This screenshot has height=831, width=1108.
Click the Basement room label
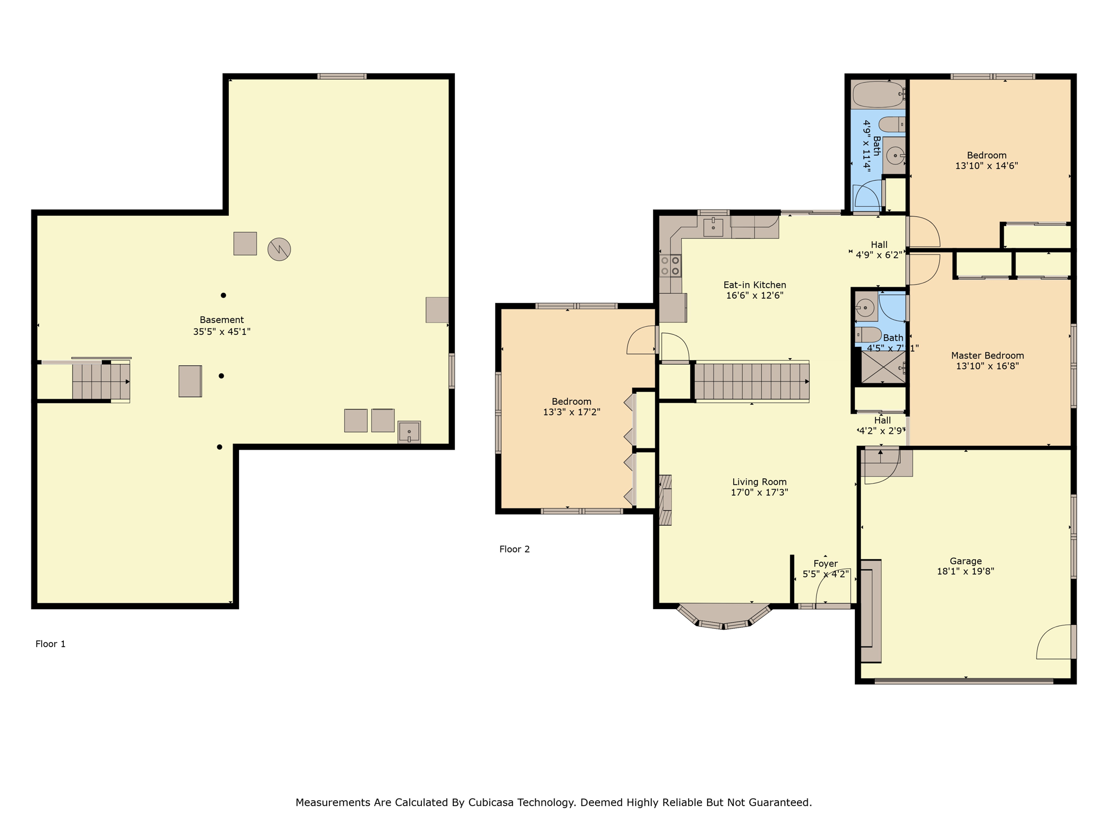222,320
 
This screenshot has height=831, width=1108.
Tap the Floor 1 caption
50,644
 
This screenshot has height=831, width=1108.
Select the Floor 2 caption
514,549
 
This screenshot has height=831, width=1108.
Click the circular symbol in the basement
279,249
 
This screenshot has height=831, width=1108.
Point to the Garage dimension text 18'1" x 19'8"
965,571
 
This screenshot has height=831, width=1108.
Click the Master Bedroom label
987,355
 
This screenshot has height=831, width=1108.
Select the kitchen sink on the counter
713,227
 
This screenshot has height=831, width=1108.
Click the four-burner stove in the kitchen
670,266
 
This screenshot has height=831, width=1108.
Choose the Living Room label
759,482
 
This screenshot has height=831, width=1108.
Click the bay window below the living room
723,617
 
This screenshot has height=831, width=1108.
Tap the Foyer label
825,564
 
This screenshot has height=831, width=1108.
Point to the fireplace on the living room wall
665,500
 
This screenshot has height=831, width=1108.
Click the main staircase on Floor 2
751,381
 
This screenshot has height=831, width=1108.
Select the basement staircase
101,381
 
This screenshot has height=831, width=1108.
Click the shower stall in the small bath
882,367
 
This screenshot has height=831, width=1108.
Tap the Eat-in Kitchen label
754,285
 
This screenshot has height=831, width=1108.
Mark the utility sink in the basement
409,432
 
